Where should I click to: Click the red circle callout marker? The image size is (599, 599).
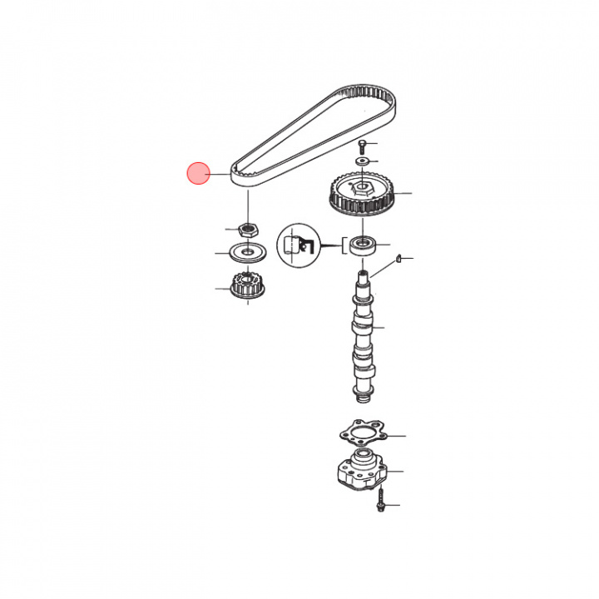tap(198, 174)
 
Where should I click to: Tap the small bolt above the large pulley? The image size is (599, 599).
tap(363, 146)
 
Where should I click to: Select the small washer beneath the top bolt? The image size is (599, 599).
tap(363, 160)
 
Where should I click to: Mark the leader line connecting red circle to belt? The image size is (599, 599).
tap(219, 174)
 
